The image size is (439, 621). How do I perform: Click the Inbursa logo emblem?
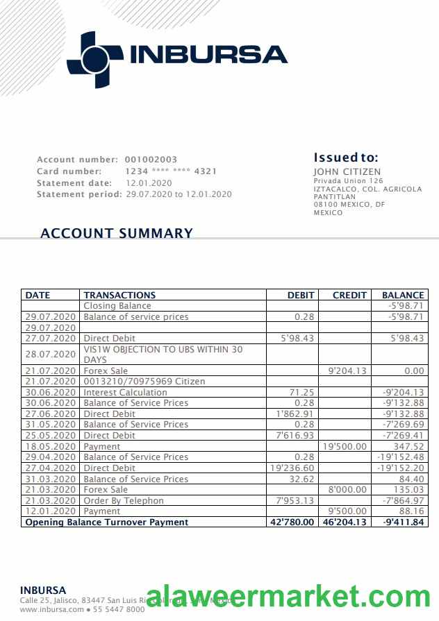[x=94, y=60]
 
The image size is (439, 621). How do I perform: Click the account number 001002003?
[x=151, y=160]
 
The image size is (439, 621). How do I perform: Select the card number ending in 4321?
[x=171, y=171]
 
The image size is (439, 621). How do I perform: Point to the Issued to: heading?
[x=345, y=158]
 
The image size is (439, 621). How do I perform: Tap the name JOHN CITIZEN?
[x=347, y=172]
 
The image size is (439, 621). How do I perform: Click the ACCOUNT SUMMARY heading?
[x=117, y=233]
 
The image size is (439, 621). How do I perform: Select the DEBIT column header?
[x=301, y=295]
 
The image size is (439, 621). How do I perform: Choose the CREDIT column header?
[x=349, y=295]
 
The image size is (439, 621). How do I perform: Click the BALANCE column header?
[x=403, y=295]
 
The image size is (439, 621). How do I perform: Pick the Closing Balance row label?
[x=117, y=306]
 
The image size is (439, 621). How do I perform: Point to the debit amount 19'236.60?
[x=292, y=468]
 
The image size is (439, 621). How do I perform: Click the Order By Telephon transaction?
[x=124, y=500]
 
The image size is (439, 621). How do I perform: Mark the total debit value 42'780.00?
[x=292, y=522]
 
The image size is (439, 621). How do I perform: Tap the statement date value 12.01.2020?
[x=149, y=182]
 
